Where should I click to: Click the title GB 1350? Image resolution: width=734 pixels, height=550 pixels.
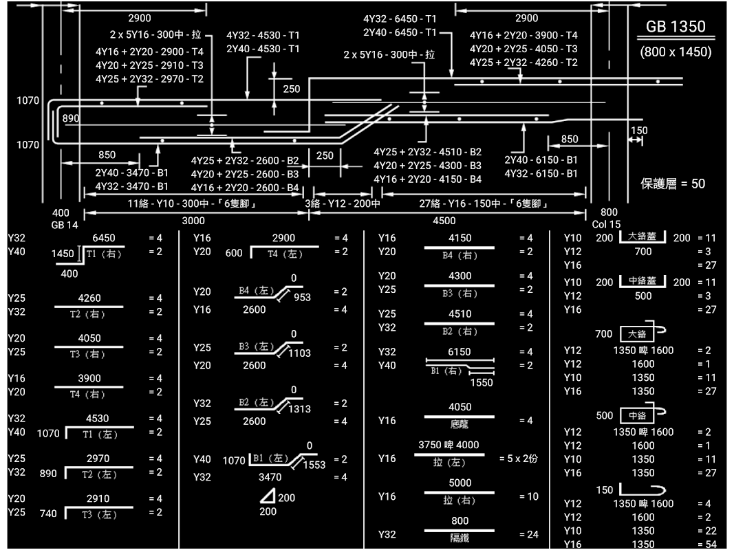click(x=676, y=26)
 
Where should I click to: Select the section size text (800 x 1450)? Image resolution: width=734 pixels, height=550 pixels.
click(x=676, y=52)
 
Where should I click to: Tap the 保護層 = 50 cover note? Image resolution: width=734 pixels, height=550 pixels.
click(x=673, y=184)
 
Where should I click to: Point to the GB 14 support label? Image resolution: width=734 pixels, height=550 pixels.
click(x=65, y=225)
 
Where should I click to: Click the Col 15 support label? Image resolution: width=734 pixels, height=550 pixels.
click(x=606, y=224)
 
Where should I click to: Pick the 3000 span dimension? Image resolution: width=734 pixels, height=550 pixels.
click(x=193, y=221)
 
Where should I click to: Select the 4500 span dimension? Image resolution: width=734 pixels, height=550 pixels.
click(x=444, y=221)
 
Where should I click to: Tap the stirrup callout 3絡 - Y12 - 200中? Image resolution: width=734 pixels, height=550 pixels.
click(x=343, y=204)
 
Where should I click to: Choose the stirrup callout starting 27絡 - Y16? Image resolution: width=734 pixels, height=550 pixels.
click(x=484, y=204)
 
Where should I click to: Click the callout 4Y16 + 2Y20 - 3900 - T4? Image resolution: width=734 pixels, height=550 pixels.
click(x=523, y=35)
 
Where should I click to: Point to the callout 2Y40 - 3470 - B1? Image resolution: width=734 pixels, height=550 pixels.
click(x=131, y=173)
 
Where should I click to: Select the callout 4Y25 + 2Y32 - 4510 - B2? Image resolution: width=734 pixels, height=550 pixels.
click(x=427, y=152)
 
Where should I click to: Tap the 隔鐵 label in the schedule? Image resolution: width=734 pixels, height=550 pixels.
click(x=460, y=538)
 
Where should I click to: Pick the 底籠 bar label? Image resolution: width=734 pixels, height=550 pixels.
click(x=460, y=424)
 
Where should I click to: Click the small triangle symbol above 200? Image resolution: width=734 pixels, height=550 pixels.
click(x=268, y=496)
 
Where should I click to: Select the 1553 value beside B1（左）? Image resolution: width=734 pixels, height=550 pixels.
click(x=314, y=465)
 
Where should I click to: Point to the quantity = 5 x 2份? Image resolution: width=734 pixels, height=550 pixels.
click(x=518, y=459)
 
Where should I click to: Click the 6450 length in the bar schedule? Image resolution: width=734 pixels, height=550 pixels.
click(x=104, y=238)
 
